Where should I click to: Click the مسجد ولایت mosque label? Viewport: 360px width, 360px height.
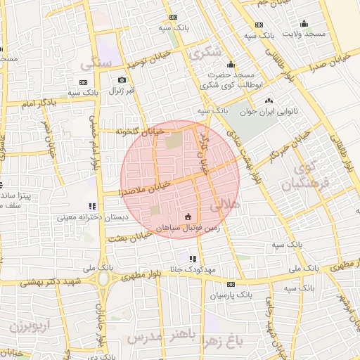click(x=304, y=34)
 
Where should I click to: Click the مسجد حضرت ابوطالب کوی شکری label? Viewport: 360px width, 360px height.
click(x=231, y=79)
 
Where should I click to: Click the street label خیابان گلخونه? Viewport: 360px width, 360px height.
click(x=143, y=131)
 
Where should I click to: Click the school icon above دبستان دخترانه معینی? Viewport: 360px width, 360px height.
click(x=91, y=207)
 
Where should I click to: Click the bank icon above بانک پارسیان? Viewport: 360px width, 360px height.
click(x=230, y=284)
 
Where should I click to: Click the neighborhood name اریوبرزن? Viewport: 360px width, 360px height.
click(x=30, y=326)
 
